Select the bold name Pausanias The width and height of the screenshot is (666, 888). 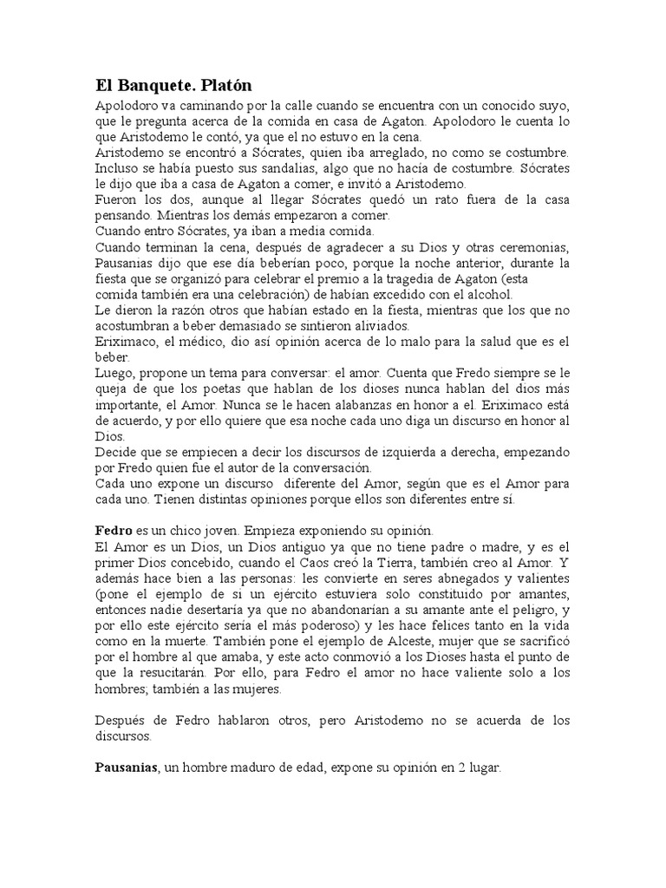[x=126, y=767]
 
